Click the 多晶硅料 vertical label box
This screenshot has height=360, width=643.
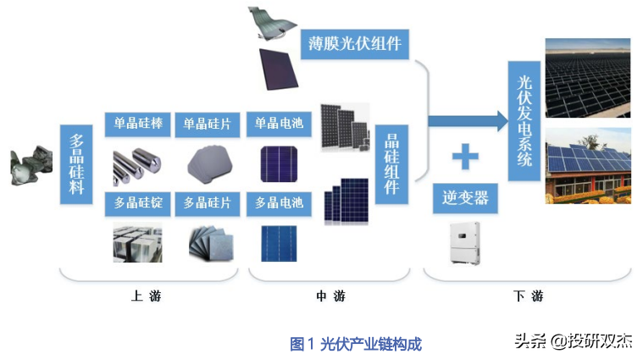76,164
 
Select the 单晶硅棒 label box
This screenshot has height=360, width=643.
138,125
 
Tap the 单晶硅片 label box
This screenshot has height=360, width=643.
208,125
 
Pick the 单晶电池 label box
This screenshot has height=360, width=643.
279,125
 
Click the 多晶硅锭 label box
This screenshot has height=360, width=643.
138,204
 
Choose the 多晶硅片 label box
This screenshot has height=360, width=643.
208,204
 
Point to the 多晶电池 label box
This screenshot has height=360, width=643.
279,204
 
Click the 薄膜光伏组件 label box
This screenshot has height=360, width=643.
355,44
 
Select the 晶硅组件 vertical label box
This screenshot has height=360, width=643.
391,164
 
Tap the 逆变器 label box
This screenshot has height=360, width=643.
465,198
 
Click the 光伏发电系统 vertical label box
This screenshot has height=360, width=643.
524,121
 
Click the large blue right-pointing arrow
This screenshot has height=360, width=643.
468,121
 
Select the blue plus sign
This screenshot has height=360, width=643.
465,156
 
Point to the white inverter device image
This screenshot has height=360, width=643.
465,243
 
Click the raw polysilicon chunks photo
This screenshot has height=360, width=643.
31,165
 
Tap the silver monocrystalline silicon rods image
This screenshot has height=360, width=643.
137,166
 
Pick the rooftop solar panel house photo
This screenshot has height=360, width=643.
588,166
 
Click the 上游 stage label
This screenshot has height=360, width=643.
146,296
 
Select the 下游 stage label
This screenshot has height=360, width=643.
528,296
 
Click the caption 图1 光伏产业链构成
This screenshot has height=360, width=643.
356,344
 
